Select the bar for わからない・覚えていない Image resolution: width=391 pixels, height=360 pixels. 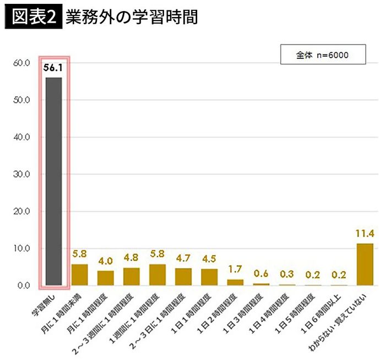[365, 264]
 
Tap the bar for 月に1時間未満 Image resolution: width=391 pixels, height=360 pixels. [80, 275]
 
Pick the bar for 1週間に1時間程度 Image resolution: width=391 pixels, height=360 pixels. [158, 275]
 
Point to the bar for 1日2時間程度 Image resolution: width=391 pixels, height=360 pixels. [235, 282]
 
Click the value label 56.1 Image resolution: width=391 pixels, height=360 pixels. [53, 69]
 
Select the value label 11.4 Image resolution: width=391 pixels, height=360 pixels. [365, 234]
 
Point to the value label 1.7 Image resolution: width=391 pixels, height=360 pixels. [235, 270]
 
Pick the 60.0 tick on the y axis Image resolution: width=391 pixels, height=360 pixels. [21, 63]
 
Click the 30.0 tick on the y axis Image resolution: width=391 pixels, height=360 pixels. [21, 174]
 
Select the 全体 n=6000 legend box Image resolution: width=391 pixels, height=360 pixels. [323, 56]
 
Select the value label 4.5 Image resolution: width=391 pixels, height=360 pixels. [209, 259]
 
